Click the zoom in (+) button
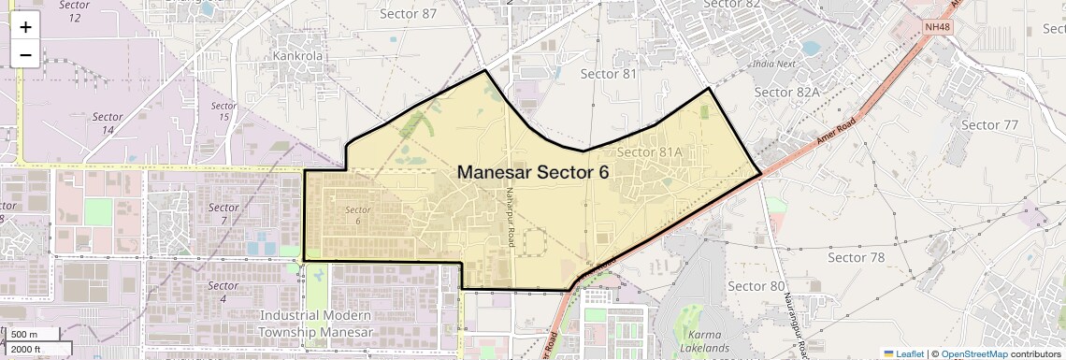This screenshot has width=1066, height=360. (x=25, y=27)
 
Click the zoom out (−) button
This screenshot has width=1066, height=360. (x=25, y=55)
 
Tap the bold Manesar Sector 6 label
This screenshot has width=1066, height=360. (x=533, y=172)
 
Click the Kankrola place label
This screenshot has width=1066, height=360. (x=297, y=55)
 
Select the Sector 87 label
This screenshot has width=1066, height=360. (x=409, y=13)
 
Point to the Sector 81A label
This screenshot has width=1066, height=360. (x=650, y=151)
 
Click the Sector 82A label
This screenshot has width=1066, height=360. (x=786, y=92)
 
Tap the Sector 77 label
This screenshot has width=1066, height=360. (x=989, y=124)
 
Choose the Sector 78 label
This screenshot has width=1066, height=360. (x=857, y=257)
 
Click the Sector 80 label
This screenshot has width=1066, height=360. (x=756, y=285)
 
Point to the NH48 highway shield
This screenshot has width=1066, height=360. (x=938, y=27)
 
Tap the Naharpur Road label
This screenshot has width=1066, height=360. (x=511, y=208)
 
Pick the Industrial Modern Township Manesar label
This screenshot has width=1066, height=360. (x=316, y=324)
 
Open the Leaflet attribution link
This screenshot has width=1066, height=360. (x=903, y=353)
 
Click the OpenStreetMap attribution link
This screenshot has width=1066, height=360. (x=973, y=353)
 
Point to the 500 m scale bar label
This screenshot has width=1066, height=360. (x=24, y=335)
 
